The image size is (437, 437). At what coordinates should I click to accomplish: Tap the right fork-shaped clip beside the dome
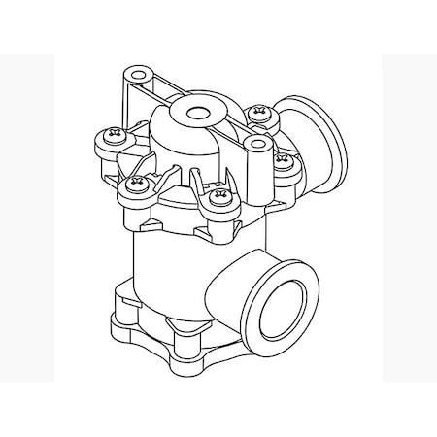point(207,181)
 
